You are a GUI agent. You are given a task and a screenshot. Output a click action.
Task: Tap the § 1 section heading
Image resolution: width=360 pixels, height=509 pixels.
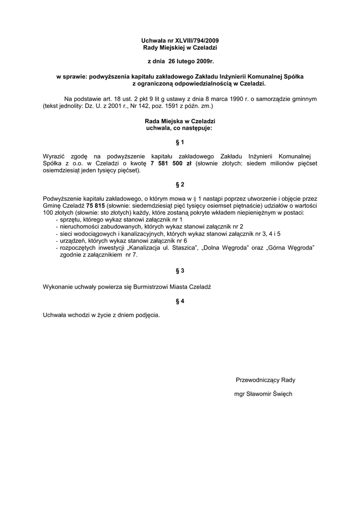(180, 142)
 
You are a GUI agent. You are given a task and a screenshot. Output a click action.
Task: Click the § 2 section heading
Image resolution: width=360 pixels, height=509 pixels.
(180, 185)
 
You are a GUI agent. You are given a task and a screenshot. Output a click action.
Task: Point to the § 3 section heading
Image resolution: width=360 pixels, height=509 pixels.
(180, 271)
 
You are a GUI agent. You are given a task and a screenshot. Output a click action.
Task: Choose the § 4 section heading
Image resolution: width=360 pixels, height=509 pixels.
(180, 301)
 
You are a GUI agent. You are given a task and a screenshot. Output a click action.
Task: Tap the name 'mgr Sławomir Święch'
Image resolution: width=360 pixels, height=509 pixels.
(263, 394)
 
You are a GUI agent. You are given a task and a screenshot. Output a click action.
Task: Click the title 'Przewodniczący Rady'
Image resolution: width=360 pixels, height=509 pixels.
(266, 380)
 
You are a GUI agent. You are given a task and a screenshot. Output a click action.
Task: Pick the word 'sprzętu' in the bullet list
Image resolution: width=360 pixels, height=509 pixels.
(70, 219)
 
